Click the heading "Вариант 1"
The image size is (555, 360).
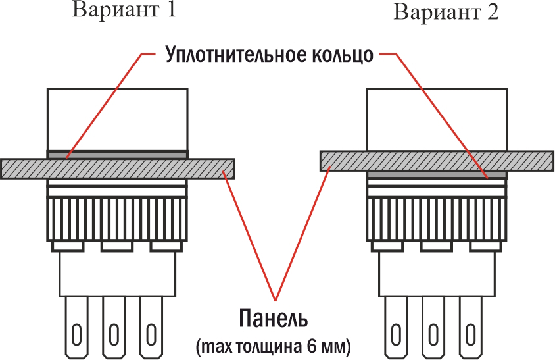124,10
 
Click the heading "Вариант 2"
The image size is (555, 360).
446,12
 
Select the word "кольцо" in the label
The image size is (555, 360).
343,55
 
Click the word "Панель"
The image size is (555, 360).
274,318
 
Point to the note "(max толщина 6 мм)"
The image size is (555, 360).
274,346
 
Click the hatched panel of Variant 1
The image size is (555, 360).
117,168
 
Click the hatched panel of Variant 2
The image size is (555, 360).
437,161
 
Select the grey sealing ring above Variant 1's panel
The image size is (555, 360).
117,155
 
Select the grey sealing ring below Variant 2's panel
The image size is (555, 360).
437,174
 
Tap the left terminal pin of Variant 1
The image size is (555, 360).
76,327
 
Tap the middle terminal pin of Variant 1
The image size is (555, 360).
114,327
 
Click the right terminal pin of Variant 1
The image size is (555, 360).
151,327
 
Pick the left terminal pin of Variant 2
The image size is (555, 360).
396,327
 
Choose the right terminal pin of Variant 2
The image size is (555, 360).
471,327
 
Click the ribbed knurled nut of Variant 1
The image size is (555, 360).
117,219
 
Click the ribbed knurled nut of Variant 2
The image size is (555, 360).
437,219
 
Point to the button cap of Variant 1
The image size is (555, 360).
117,119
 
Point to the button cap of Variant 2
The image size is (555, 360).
437,119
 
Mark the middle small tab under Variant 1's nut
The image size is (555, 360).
117,247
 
